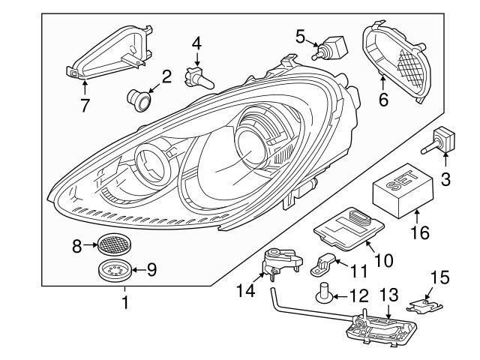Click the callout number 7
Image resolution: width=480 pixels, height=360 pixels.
click(85, 105)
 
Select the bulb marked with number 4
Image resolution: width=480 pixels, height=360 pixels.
click(200, 77)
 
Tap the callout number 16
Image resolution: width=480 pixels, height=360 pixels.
click(420, 232)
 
